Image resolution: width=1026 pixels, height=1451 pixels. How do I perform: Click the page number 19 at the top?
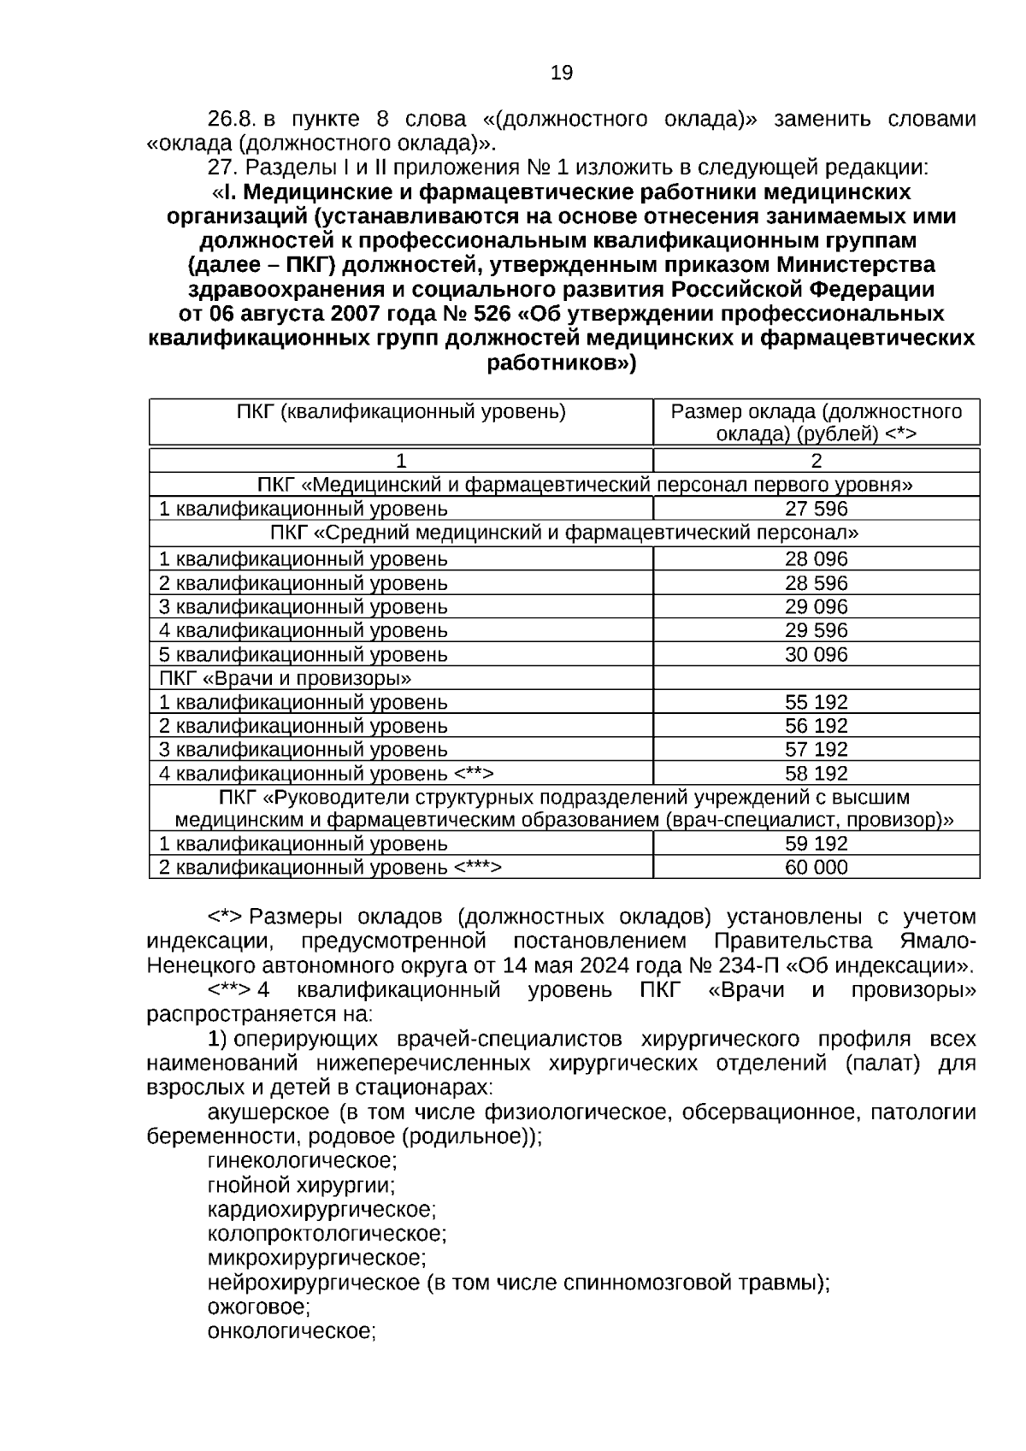[562, 74]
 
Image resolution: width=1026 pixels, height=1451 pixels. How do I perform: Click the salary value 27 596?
[816, 510]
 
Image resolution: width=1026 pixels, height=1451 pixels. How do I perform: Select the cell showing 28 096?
[816, 559]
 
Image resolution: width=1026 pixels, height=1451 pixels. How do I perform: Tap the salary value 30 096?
[816, 655]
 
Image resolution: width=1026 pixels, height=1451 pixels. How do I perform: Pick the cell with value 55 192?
[816, 703]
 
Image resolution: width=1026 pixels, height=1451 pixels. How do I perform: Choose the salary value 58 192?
[816, 774]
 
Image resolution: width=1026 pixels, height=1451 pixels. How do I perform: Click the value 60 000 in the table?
[816, 868]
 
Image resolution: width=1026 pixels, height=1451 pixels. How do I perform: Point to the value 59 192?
[816, 844]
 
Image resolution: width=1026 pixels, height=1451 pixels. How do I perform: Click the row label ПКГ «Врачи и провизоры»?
[286, 679]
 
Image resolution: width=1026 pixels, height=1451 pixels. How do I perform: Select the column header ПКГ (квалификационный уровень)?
[401, 412]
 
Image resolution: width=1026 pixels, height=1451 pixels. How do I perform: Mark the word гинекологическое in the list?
[302, 1161]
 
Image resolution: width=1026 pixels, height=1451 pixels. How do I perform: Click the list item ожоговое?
[258, 1307]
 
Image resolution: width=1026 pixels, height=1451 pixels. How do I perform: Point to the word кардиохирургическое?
[321, 1210]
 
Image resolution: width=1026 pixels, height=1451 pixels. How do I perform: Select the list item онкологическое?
[292, 1331]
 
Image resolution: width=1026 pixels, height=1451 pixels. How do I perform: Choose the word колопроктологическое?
[327, 1234]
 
